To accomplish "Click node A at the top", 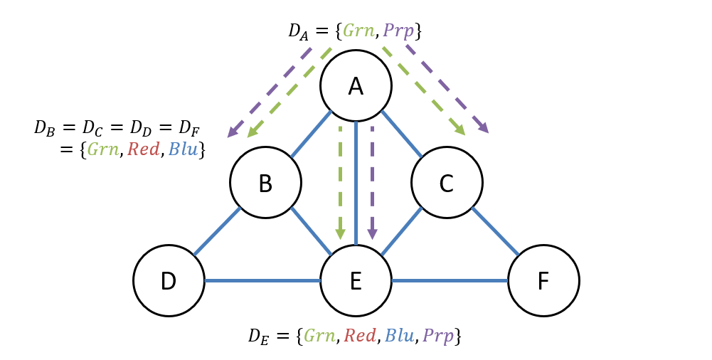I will click(356, 85).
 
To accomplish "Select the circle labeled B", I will click(265, 183).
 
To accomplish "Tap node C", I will click(447, 183).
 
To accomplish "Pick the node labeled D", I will click(169, 280).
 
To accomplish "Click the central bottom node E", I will click(356, 280).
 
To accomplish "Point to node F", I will click(543, 280).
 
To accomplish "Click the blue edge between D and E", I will click(262, 280).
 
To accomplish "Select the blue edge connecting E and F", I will click(450, 280).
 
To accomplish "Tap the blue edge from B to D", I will click(217, 231).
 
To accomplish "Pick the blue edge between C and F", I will click(495, 231).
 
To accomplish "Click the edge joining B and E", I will click(311, 231).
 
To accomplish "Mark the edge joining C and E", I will click(401, 231).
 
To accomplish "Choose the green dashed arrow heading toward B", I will click(289, 92).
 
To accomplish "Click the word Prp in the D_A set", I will click(398, 31).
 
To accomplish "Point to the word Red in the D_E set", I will click(360, 336).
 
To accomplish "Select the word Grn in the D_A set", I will click(358, 31).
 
